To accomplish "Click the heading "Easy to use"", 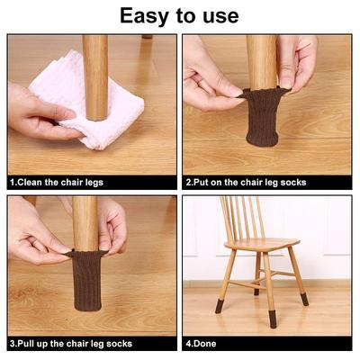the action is pos(179,16).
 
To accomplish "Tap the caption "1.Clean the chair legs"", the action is pos(57,183).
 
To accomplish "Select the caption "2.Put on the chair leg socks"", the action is pos(246,183).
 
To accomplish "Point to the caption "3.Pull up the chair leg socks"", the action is pos(71,344).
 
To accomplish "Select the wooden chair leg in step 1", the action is pos(95,77).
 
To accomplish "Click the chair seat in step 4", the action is pos(262,244).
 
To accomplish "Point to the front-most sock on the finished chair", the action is pos(273,319).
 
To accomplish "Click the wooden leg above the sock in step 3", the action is pos(85,223).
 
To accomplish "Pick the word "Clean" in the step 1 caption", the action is pos(31,182).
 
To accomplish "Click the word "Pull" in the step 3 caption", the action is pos(26,343).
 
